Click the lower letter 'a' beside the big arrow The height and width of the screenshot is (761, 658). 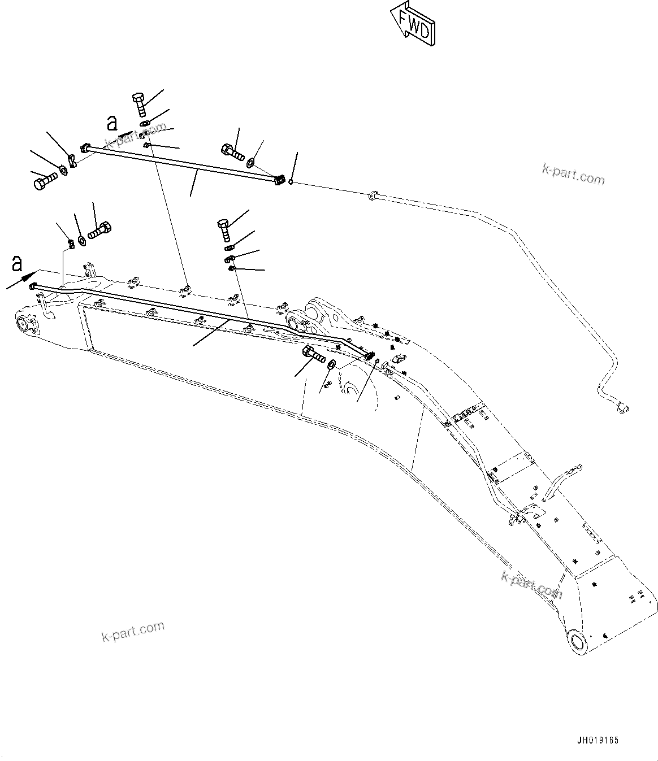[x=18, y=263]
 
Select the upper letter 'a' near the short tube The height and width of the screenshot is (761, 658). [x=112, y=123]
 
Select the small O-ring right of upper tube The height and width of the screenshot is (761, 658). [x=291, y=181]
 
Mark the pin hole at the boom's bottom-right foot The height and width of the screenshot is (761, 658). [x=579, y=642]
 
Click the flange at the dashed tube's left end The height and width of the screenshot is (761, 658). [x=372, y=196]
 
